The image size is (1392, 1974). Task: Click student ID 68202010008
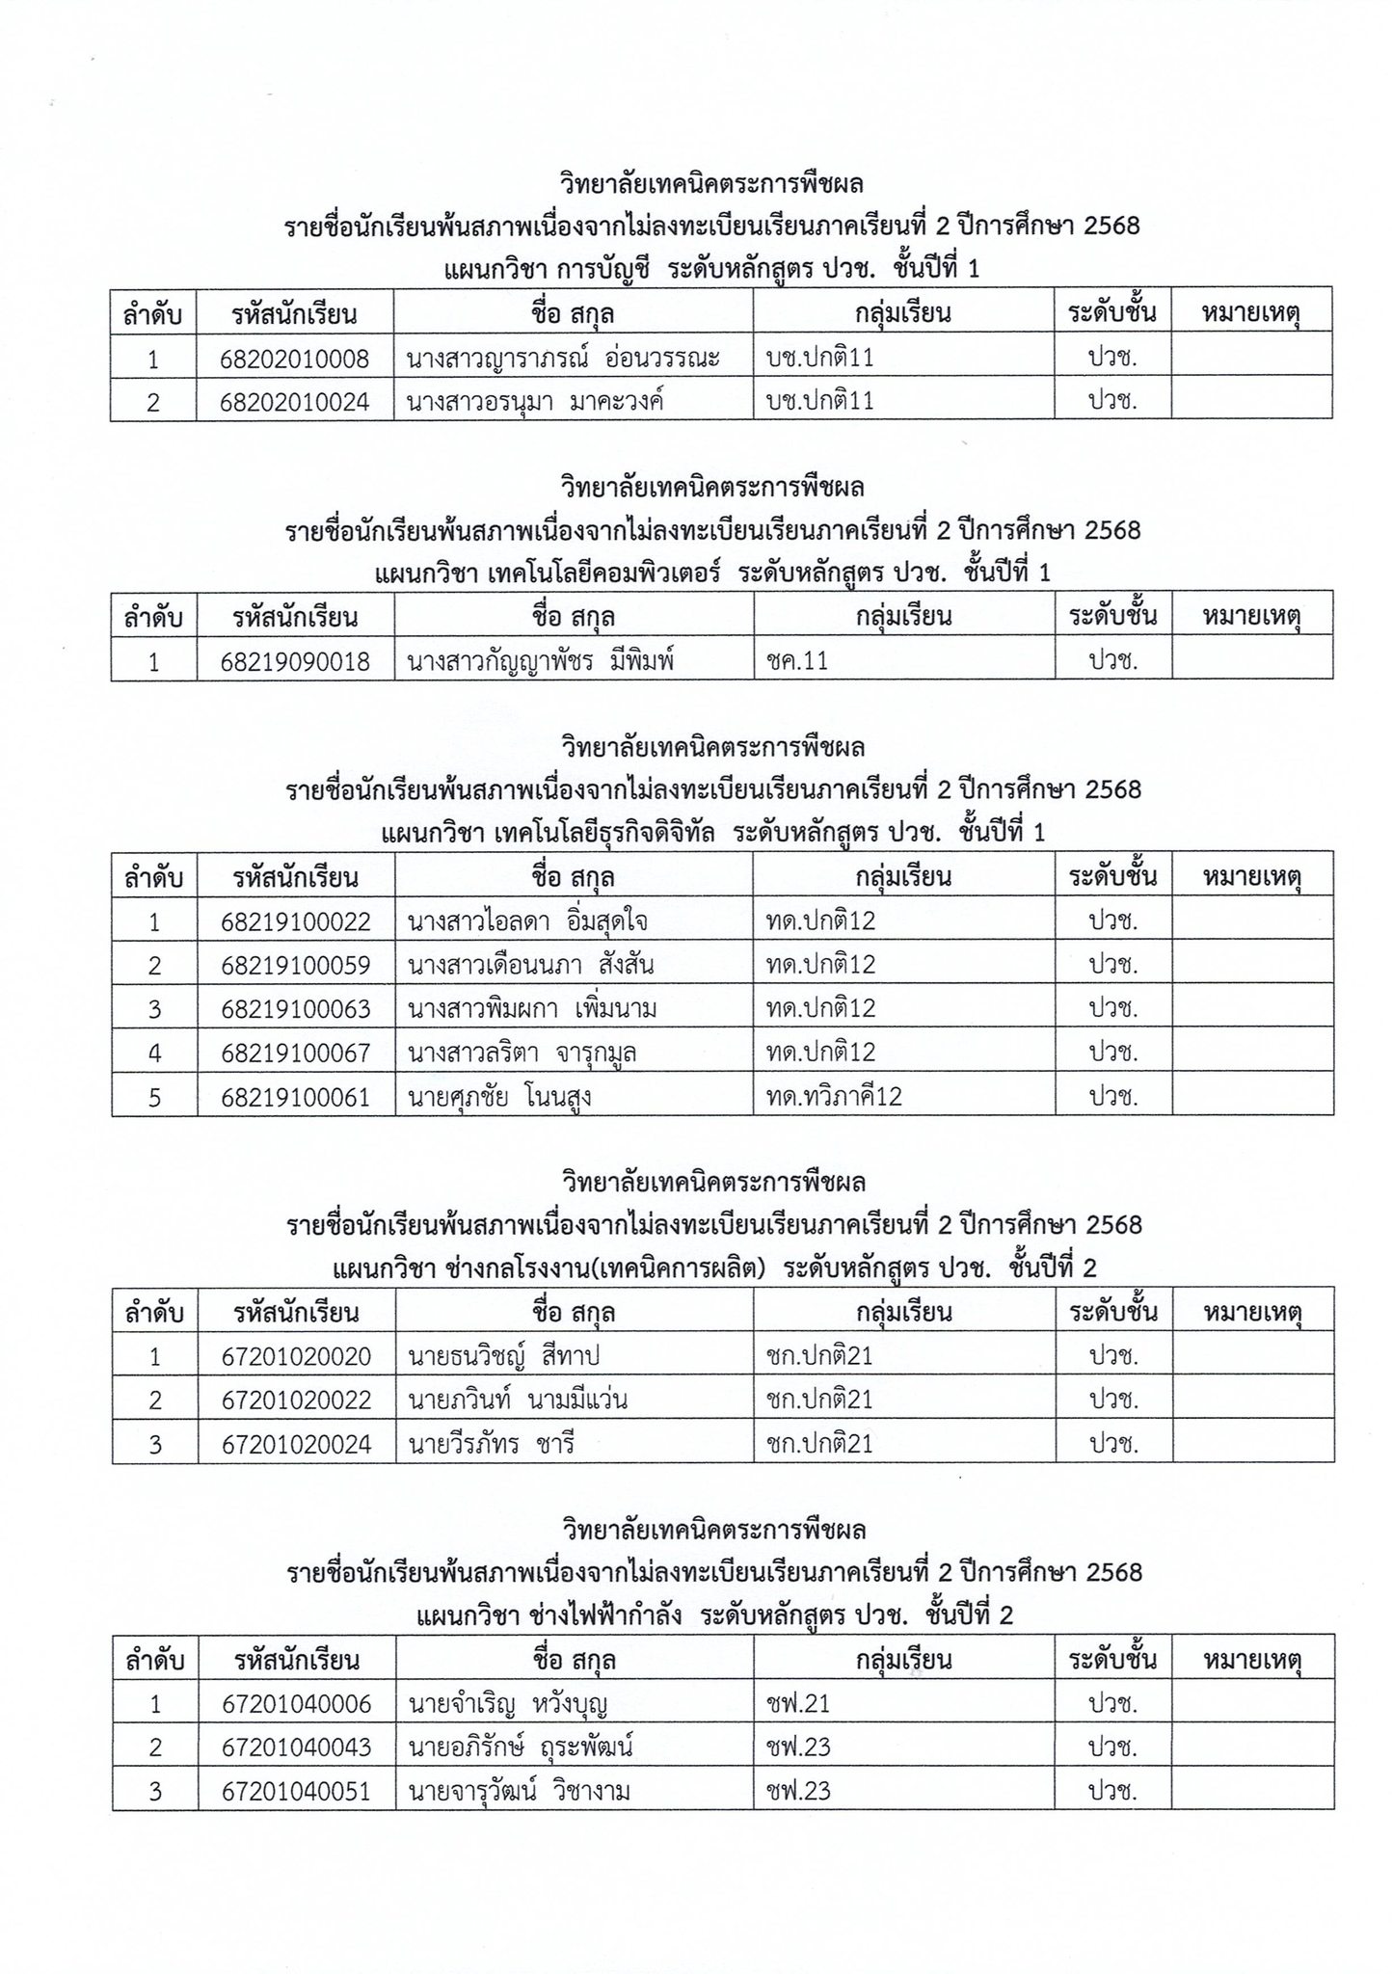point(295,360)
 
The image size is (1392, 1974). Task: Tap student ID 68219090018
point(295,661)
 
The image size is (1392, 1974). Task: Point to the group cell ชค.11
point(798,661)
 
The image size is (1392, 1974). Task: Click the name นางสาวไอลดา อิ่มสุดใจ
point(527,922)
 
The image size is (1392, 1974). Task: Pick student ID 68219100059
point(295,966)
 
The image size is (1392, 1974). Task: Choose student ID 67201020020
point(296,1357)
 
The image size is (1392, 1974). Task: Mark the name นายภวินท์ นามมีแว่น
point(518,1400)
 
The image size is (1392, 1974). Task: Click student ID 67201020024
point(296,1444)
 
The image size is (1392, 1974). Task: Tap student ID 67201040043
point(296,1747)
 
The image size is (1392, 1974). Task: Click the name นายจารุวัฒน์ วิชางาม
point(520,1791)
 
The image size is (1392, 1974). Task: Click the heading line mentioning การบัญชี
point(712,269)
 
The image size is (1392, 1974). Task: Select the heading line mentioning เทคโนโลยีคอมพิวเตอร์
point(712,573)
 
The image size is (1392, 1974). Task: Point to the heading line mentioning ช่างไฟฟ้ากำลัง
point(714,1614)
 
